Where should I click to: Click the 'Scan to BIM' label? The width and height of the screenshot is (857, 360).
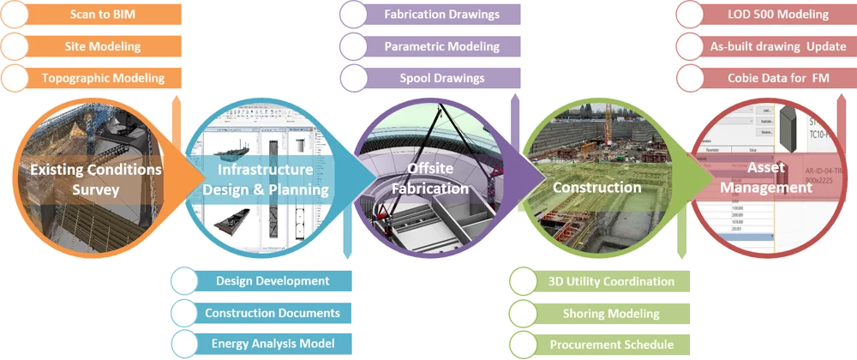click(x=103, y=15)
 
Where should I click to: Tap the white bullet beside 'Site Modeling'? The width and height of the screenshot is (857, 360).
click(x=15, y=46)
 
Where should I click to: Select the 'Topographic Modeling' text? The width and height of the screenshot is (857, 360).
click(x=103, y=78)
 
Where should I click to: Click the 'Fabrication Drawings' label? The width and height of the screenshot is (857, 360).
click(x=441, y=15)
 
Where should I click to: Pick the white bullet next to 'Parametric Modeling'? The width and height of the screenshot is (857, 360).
click(x=353, y=46)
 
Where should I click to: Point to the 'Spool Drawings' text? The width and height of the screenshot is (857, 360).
click(x=441, y=78)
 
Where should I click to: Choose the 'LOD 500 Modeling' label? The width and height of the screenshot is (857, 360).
click(x=778, y=15)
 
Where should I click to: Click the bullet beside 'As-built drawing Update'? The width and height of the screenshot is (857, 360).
click(x=689, y=46)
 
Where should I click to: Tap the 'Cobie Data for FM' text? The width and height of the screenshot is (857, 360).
click(x=778, y=78)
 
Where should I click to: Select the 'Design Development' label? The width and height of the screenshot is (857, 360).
click(x=273, y=281)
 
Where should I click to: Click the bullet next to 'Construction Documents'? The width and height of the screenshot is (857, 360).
click(x=185, y=313)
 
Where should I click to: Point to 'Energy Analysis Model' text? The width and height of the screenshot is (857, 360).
click(x=273, y=345)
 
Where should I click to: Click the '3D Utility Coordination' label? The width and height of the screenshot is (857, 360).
click(x=611, y=281)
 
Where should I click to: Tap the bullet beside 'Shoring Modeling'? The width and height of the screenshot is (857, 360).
click(x=523, y=313)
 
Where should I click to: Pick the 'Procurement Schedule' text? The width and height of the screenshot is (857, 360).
click(x=611, y=345)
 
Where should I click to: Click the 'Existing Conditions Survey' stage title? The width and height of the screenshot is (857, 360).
click(x=95, y=179)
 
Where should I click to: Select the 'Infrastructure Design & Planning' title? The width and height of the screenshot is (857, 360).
click(x=266, y=179)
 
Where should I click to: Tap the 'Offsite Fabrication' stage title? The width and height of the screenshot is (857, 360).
click(x=437, y=178)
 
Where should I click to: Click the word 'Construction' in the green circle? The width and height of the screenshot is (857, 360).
click(x=596, y=187)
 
